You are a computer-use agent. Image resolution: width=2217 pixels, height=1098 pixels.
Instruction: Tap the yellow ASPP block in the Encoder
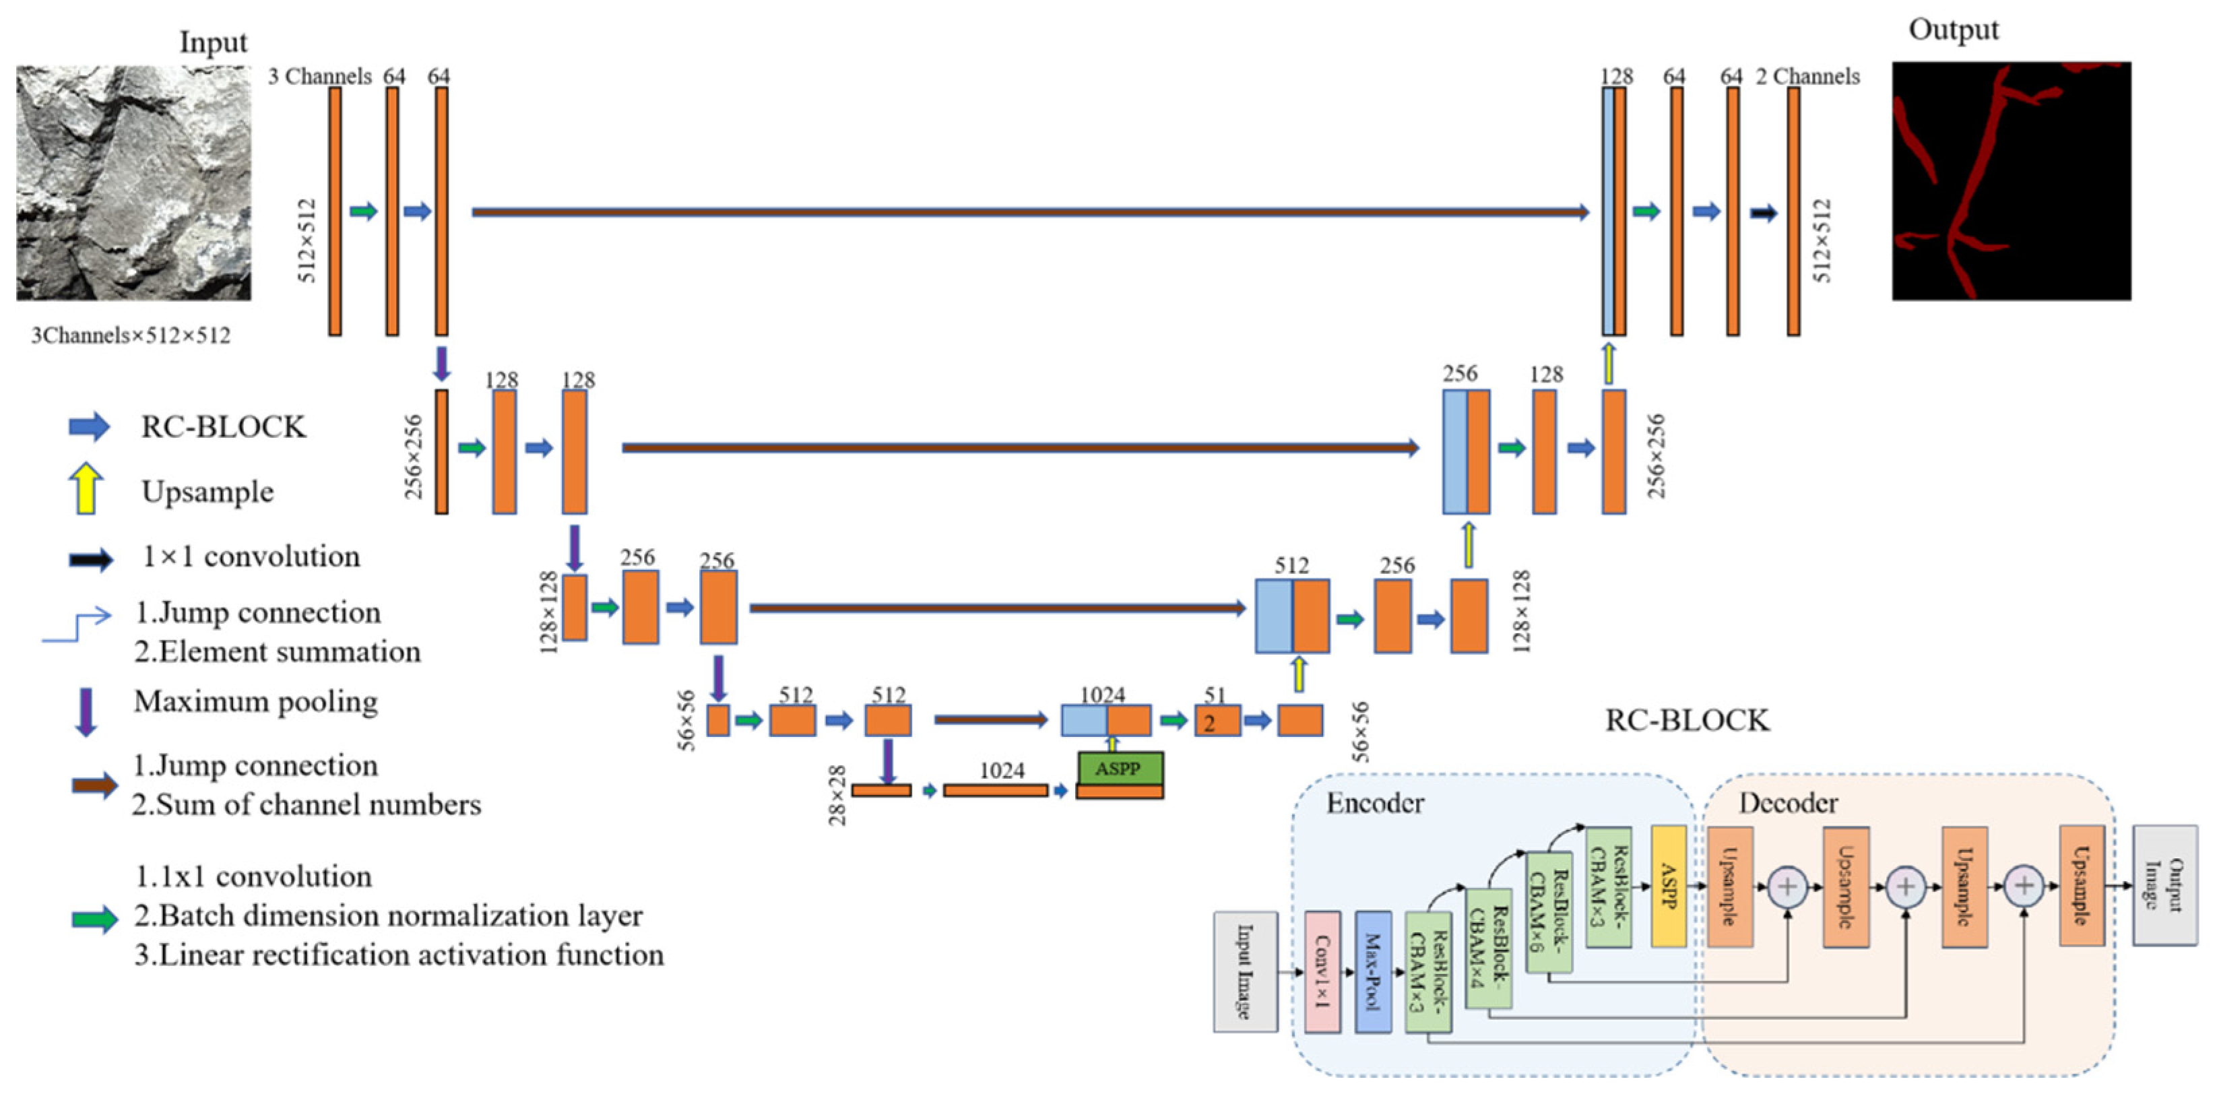point(1668,886)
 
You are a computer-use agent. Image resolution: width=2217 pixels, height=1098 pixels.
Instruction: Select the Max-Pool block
point(1373,971)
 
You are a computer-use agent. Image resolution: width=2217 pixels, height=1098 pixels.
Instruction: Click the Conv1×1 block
point(1322,971)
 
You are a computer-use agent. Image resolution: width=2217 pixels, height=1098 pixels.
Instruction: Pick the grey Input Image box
point(1244,971)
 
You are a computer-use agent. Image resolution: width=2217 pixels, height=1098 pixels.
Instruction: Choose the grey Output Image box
point(2164,884)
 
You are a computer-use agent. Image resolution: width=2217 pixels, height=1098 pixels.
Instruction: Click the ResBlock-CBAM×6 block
point(1548,912)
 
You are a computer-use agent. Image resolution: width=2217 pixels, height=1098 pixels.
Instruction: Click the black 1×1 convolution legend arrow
point(90,559)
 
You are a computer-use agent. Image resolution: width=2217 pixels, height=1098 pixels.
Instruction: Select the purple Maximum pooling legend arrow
point(85,711)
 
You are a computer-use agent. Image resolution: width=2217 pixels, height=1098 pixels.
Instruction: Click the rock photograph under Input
point(133,183)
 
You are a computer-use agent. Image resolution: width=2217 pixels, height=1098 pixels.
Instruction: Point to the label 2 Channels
point(1807,77)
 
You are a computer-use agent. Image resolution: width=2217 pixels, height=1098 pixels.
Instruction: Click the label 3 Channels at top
point(319,77)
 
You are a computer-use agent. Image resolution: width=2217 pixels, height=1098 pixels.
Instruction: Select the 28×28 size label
point(837,796)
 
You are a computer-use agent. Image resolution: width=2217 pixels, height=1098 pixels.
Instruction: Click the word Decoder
point(1787,803)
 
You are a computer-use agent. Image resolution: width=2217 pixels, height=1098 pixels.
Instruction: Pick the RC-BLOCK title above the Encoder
point(1687,720)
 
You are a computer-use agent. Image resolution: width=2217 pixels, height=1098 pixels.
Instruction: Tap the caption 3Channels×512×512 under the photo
point(131,335)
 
